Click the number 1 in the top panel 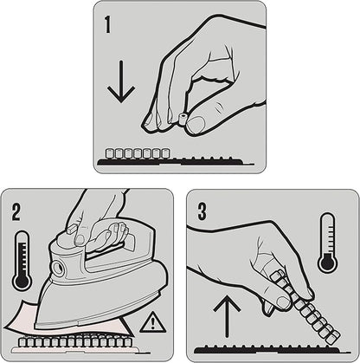click(107, 25)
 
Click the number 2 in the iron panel click(16, 212)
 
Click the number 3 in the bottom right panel click(202, 211)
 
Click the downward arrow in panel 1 click(121, 81)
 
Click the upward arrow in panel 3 click(227, 315)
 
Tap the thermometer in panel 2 click(22, 261)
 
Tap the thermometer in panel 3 click(327, 243)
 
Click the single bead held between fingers click(183, 119)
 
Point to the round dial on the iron click(58, 268)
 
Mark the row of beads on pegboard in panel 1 click(138, 153)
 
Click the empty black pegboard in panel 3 click(266, 349)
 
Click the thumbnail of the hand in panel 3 click(283, 302)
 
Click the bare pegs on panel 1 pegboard click(206, 159)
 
